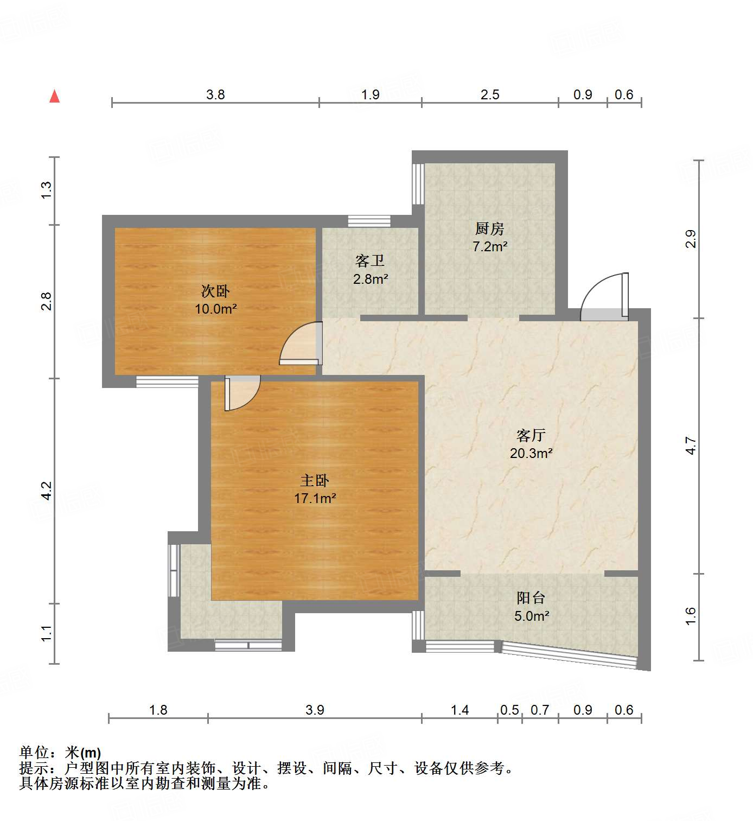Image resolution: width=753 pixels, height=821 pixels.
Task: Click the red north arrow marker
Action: point(54,96)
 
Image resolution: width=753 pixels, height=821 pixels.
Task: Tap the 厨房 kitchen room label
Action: point(489,228)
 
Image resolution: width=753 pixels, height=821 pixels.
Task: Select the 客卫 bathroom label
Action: point(370,261)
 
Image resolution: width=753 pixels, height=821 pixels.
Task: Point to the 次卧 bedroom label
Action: point(215,291)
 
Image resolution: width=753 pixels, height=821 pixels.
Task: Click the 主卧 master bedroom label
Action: point(315,480)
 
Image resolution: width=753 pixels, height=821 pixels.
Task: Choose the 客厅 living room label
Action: point(531,435)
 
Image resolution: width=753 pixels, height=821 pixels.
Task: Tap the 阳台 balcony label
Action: point(531,598)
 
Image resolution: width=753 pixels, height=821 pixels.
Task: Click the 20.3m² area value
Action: point(531,453)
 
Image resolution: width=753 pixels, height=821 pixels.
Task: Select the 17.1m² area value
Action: point(315,498)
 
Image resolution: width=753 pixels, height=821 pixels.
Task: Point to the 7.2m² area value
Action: point(489,246)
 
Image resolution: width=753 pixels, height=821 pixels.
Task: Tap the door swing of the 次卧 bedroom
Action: point(300,344)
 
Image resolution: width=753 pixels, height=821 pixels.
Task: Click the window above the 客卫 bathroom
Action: point(369,221)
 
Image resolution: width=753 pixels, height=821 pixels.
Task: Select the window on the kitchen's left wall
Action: point(418,183)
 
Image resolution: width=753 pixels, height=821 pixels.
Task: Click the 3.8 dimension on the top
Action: point(215,95)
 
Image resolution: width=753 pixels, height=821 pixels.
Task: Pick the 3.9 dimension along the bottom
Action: point(315,710)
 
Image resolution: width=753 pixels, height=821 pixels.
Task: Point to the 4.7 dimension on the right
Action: point(690,445)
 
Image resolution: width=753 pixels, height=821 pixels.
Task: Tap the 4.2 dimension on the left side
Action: point(47,491)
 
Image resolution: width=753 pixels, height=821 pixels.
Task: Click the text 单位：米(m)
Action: point(60,752)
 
